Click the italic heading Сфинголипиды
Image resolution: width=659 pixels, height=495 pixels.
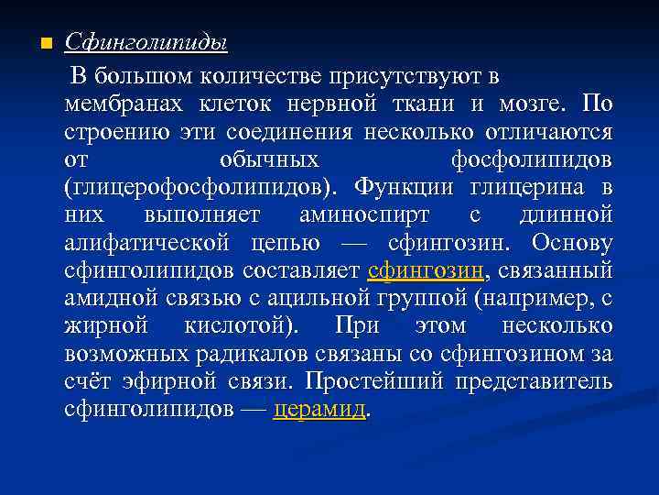[x=146, y=43]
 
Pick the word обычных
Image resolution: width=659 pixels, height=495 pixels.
[x=269, y=159]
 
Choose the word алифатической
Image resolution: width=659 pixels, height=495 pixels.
[x=146, y=245]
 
